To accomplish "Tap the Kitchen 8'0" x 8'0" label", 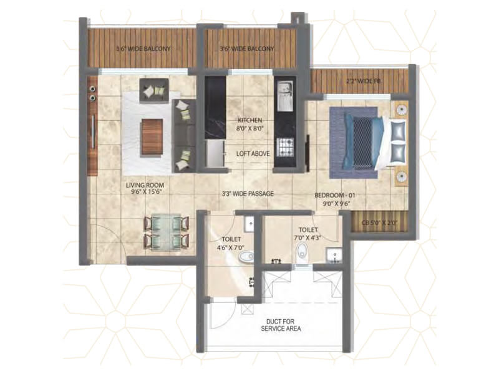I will pyautogui.click(x=249, y=125).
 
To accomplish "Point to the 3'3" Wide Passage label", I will pyautogui.click(x=249, y=194).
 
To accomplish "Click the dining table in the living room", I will pyautogui.click(x=166, y=232).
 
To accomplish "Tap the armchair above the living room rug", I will pyautogui.click(x=154, y=89).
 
